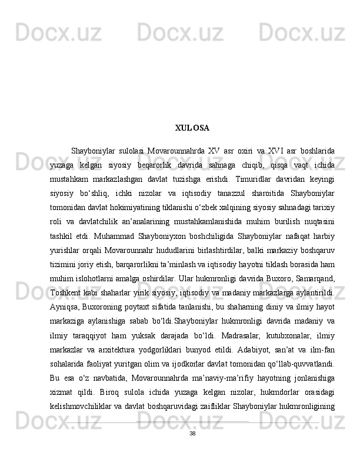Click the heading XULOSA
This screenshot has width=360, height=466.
click(192, 128)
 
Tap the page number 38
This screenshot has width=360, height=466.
click(192, 450)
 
